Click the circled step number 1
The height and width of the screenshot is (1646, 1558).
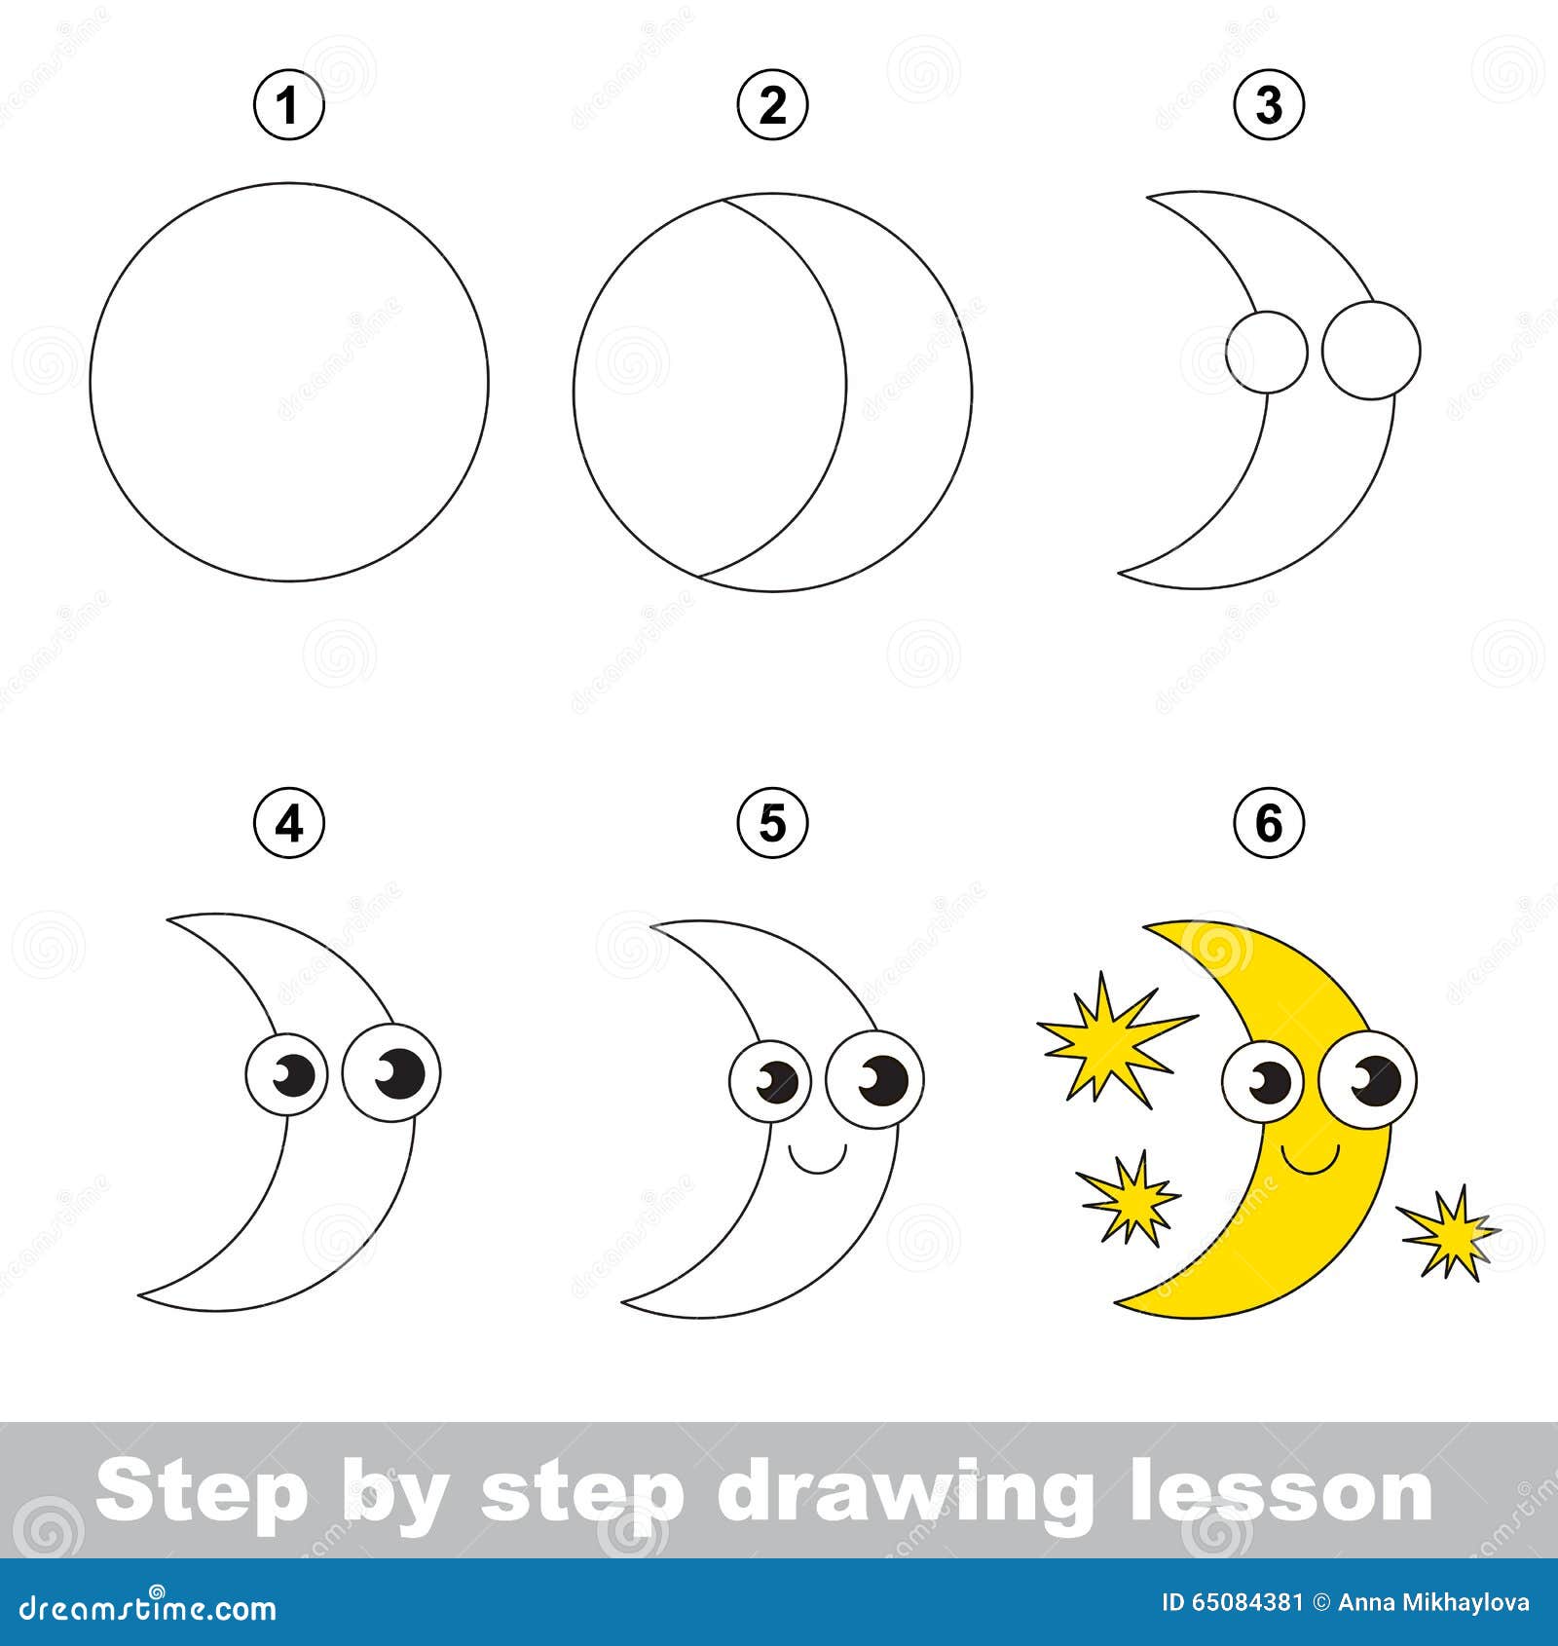tap(288, 104)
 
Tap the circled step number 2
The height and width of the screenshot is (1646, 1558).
tap(772, 104)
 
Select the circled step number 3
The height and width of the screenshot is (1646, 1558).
tap(1269, 104)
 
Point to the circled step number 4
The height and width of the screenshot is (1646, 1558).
tap(288, 824)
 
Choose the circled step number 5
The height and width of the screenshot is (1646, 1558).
tap(772, 824)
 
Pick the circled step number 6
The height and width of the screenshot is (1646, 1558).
tap(1269, 824)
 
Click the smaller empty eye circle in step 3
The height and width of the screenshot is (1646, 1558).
tap(1266, 353)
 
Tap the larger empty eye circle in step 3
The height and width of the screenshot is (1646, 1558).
tap(1371, 350)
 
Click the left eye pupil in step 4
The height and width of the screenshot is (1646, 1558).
tap(298, 1074)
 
